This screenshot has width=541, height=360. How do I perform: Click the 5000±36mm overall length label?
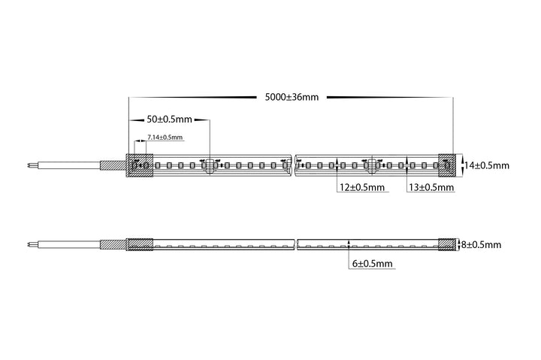[x=292, y=97]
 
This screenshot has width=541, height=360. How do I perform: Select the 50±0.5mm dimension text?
[x=169, y=119]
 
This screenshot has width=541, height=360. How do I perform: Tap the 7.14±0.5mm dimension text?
[x=165, y=137]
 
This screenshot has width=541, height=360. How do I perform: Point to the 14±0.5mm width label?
[x=486, y=165]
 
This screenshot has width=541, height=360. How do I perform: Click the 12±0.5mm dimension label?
[x=362, y=187]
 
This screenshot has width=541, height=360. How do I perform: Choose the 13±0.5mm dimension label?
[x=431, y=187]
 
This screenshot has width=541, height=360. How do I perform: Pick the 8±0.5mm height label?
[x=482, y=245]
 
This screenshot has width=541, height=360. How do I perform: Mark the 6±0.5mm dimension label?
[x=372, y=264]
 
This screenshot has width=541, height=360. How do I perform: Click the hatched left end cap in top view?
[x=140, y=165]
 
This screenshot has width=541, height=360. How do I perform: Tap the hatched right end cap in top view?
[x=447, y=165]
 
